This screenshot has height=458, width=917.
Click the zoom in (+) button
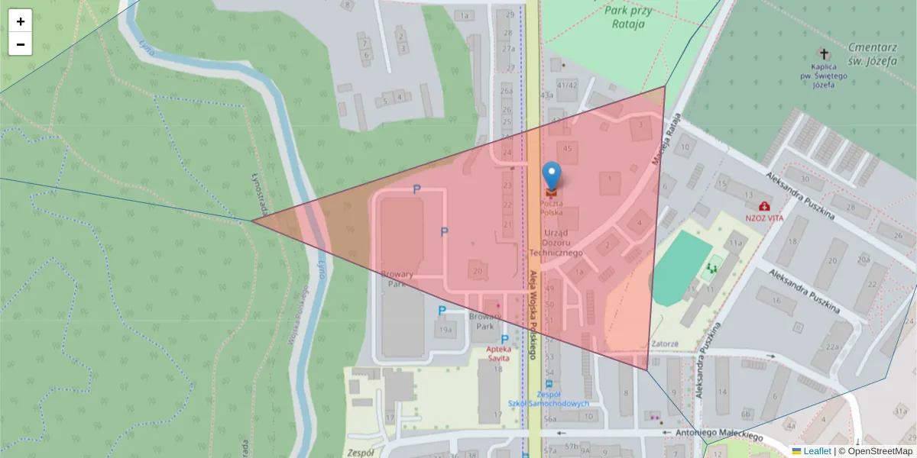pyautogui.click(x=21, y=21)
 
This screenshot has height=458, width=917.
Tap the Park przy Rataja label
pyautogui.click(x=629, y=17)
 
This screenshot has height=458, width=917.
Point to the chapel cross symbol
pyautogui.click(x=823, y=53)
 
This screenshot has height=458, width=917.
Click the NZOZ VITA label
pyautogui.click(x=765, y=218)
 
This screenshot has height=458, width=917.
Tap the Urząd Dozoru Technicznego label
pyautogui.click(x=563, y=242)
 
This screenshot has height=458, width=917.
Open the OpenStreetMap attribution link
pyautogui.click(x=880, y=451)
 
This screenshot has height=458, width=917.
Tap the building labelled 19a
pyautogui.click(x=446, y=330)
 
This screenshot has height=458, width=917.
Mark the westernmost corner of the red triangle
pyautogui.click(x=252, y=221)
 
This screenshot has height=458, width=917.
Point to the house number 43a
pyautogui.click(x=546, y=95)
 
